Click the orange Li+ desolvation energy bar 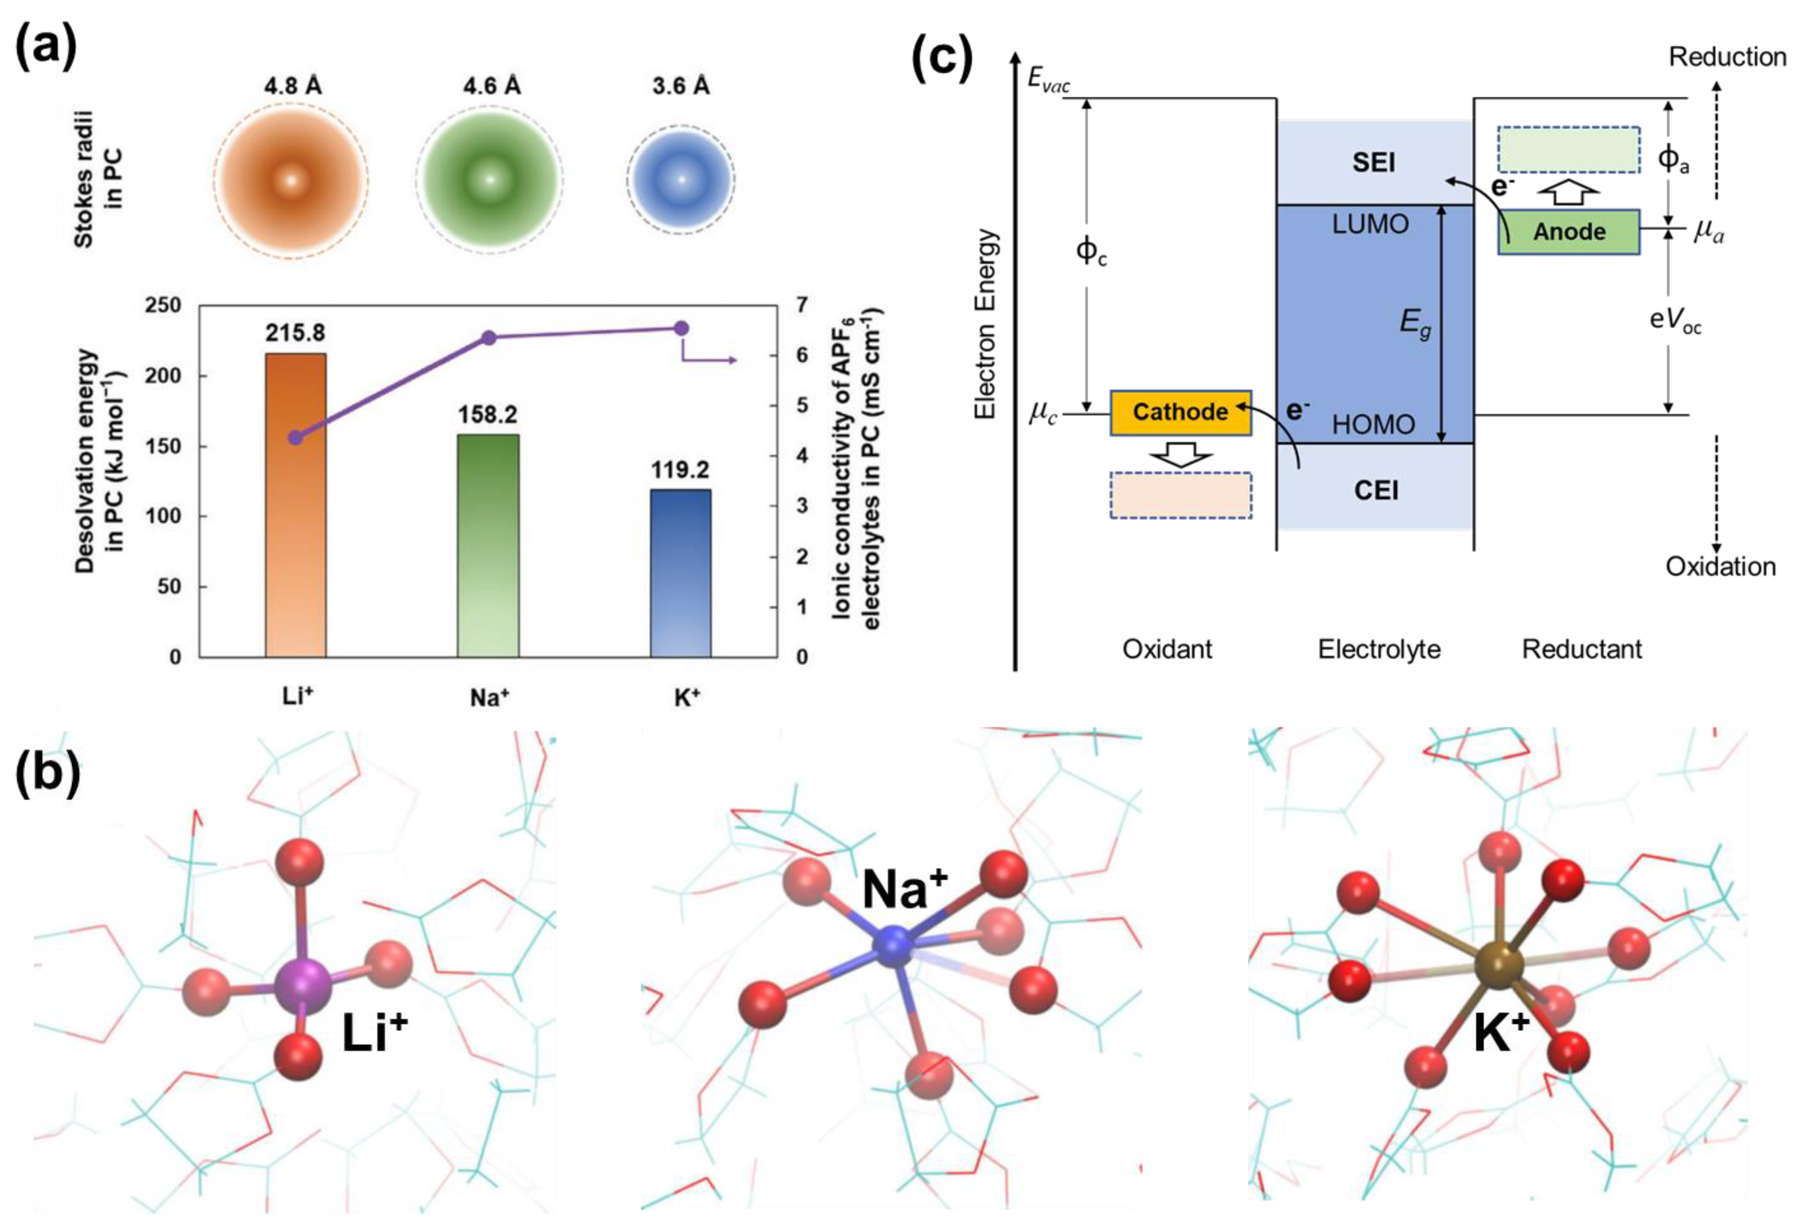point(295,505)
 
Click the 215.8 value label point(295,333)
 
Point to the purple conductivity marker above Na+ point(489,338)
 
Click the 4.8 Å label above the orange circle point(292,85)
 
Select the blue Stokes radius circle point(681,179)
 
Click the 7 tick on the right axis point(801,305)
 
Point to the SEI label point(1374,162)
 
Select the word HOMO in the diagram point(1373,424)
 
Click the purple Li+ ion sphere point(302,986)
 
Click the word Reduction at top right point(1727,58)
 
